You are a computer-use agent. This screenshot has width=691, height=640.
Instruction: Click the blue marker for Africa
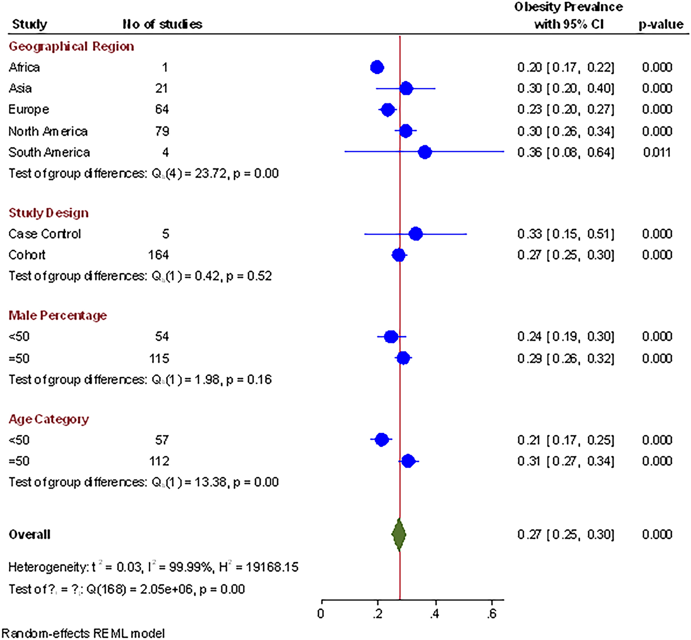377,67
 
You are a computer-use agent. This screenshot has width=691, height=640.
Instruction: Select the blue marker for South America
425,152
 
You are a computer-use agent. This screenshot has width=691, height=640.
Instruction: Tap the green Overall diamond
399,535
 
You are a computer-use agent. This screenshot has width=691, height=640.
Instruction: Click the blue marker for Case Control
416,234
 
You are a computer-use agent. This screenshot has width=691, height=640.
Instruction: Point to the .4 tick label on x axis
435,614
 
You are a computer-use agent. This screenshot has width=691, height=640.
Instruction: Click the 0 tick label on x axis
321,614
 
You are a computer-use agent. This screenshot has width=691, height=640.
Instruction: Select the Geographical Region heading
71,46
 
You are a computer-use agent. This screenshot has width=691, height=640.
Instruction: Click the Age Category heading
49,419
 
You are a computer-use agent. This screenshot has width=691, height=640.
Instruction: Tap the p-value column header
661,24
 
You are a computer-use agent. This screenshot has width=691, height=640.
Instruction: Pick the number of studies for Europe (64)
162,109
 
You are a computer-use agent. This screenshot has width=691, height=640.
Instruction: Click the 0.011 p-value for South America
657,152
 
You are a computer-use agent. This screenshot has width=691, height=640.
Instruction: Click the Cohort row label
27,255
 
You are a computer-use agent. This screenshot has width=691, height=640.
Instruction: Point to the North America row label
48,131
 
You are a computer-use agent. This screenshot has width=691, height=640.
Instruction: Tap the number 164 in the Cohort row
158,255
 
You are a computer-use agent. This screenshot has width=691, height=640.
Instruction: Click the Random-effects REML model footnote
83,633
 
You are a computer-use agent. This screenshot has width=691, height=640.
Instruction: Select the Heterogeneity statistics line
153,567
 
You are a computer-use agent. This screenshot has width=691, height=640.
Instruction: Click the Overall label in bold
30,535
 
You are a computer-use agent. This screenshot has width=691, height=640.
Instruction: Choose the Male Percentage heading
58,315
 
